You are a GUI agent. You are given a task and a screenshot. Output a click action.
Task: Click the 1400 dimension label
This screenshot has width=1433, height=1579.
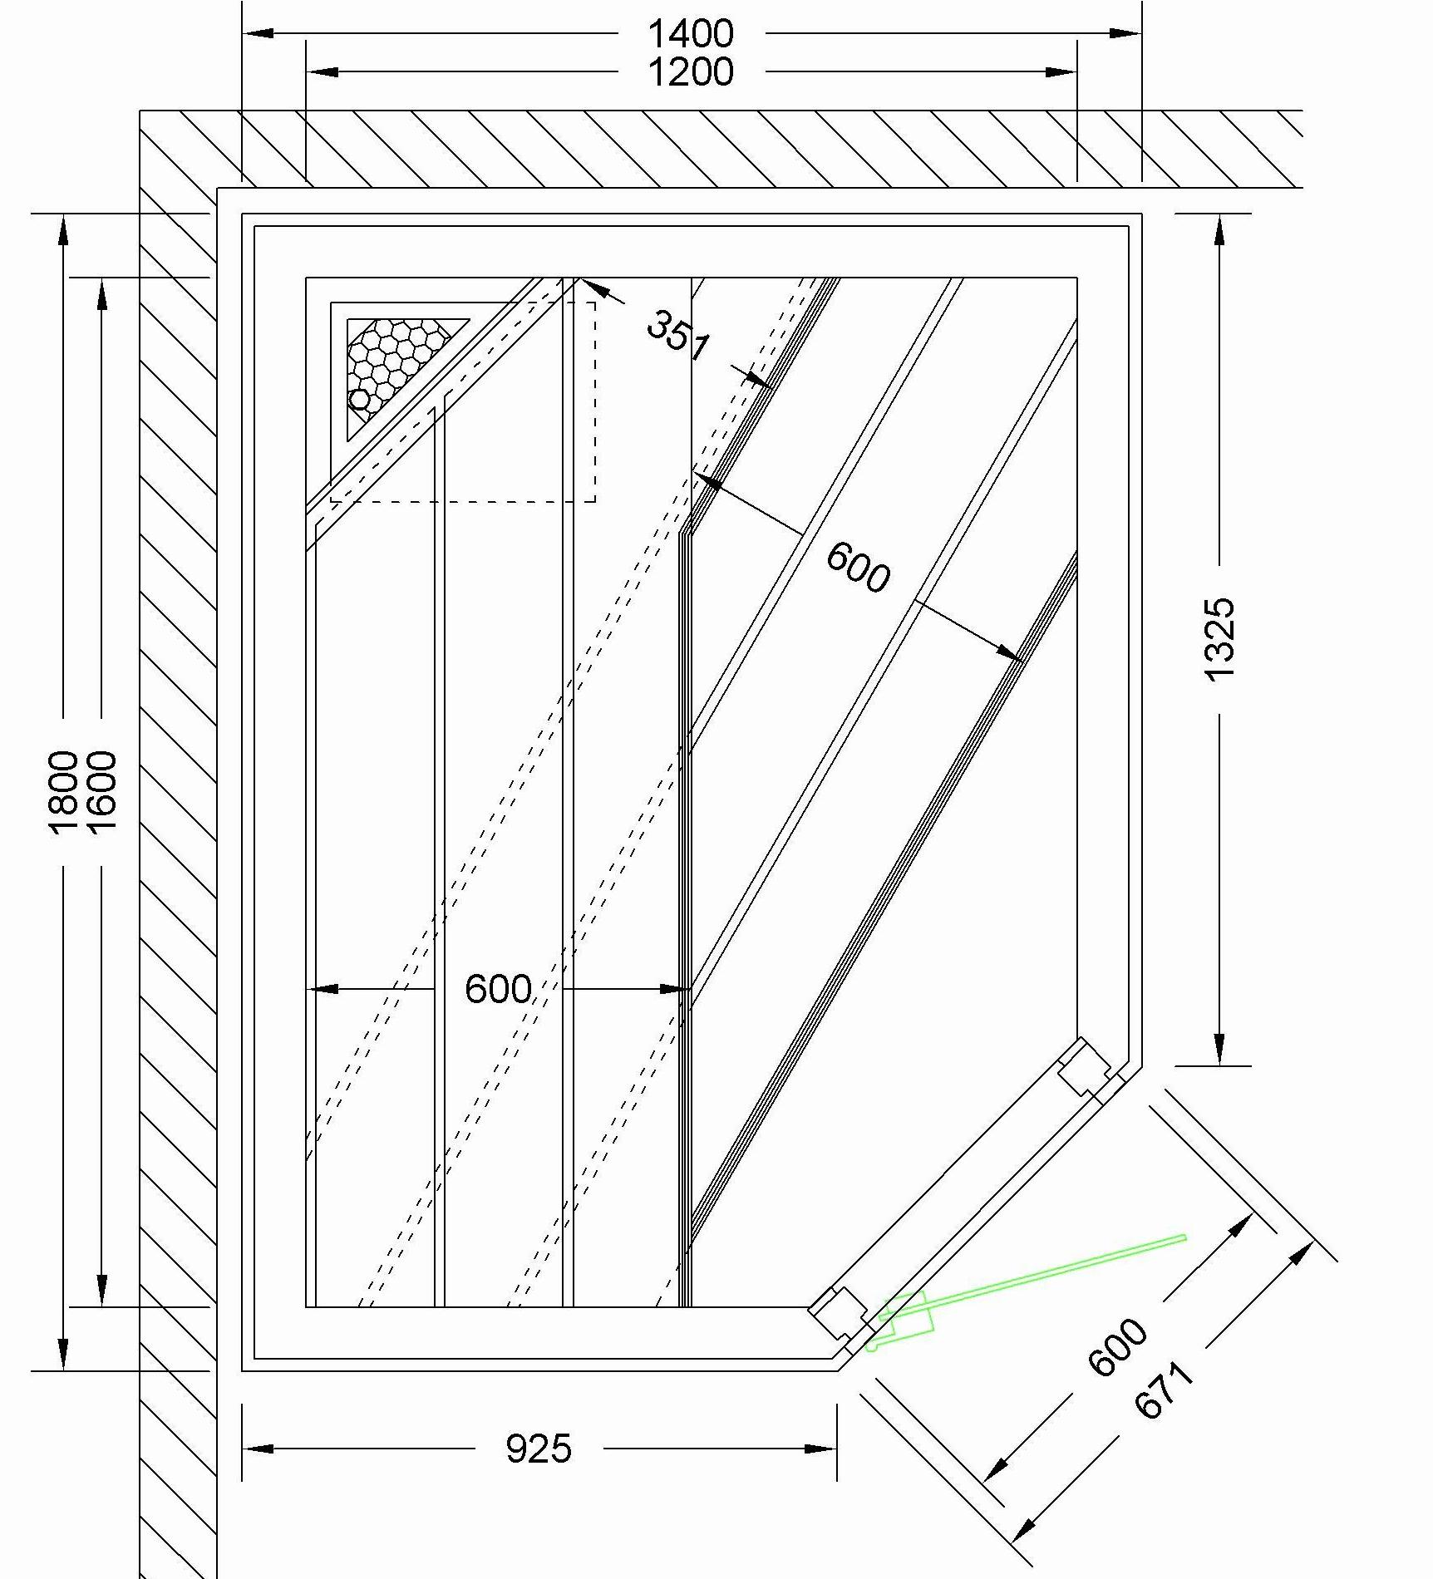coord(691,34)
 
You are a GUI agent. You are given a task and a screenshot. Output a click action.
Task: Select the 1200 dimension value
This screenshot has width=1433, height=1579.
coord(691,72)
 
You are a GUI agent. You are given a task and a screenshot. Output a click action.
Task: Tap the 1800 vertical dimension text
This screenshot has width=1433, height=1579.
coord(63,792)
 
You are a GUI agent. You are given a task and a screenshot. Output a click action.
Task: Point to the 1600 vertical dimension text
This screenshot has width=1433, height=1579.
coord(101,792)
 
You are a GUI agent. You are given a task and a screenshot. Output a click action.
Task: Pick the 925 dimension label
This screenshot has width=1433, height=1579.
coord(539,1449)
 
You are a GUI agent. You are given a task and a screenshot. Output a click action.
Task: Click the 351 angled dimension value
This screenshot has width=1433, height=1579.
coord(678,334)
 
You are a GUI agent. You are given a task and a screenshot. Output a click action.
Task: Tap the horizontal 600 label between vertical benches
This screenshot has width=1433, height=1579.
coord(498,989)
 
